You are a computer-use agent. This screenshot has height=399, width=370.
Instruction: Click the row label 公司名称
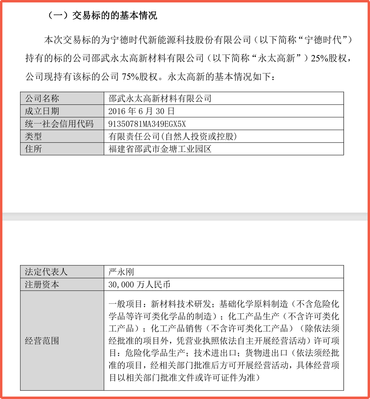(42, 99)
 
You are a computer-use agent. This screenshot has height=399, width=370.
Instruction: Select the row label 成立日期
(42, 111)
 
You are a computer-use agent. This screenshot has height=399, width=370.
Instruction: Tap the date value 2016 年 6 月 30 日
(142, 111)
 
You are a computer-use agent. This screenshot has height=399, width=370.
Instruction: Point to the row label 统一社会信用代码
(59, 124)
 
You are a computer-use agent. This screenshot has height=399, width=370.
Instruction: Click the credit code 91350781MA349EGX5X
(147, 124)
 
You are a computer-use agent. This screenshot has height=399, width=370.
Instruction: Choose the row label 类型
(33, 136)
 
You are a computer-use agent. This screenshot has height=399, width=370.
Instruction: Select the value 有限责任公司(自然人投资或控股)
(173, 136)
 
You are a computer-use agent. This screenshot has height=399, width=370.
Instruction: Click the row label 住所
(33, 149)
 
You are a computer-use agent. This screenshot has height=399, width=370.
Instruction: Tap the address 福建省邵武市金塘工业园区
(160, 149)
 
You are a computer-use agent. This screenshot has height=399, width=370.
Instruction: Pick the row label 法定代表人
(46, 272)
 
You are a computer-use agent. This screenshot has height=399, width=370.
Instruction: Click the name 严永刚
(121, 272)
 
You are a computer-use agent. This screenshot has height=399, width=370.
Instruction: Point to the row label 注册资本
(42, 285)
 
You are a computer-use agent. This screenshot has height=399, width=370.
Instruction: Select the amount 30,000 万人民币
(139, 285)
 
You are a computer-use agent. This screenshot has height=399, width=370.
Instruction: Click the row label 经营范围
(42, 341)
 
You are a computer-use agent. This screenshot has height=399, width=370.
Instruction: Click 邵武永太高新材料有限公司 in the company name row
(160, 99)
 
